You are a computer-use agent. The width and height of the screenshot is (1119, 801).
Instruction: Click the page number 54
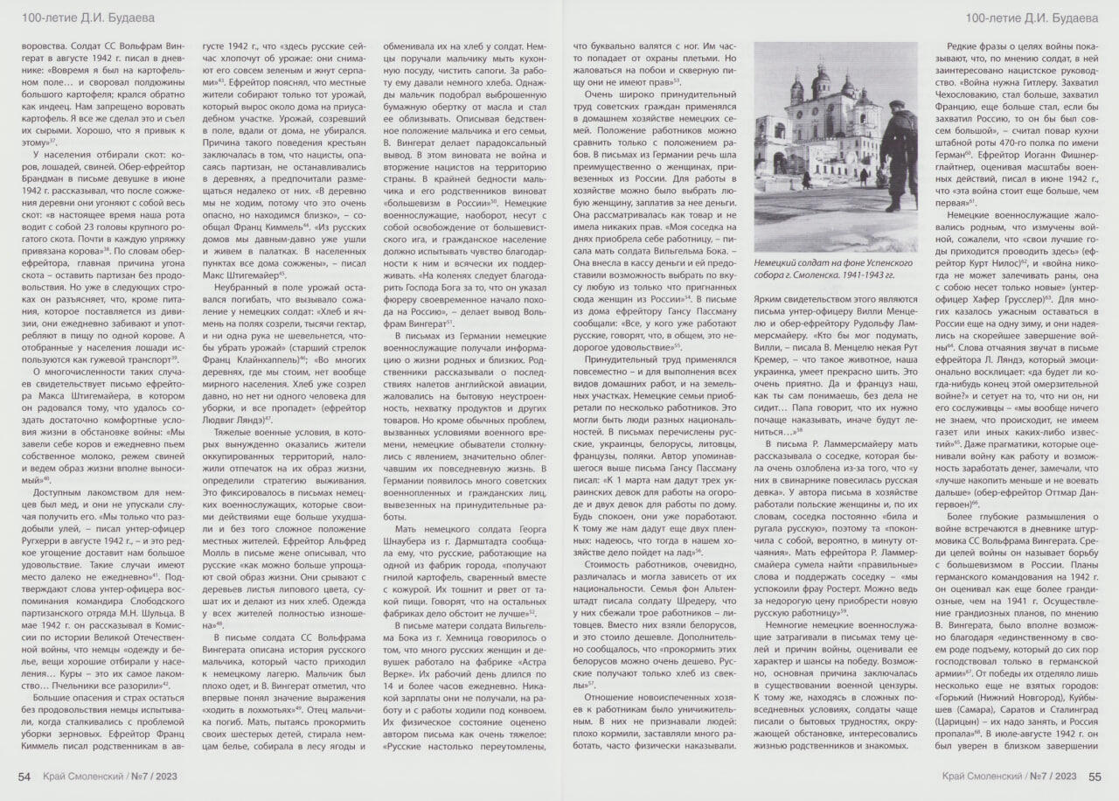pyautogui.click(x=25, y=776)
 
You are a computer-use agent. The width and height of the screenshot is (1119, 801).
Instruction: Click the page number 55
pyautogui.click(x=1094, y=776)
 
